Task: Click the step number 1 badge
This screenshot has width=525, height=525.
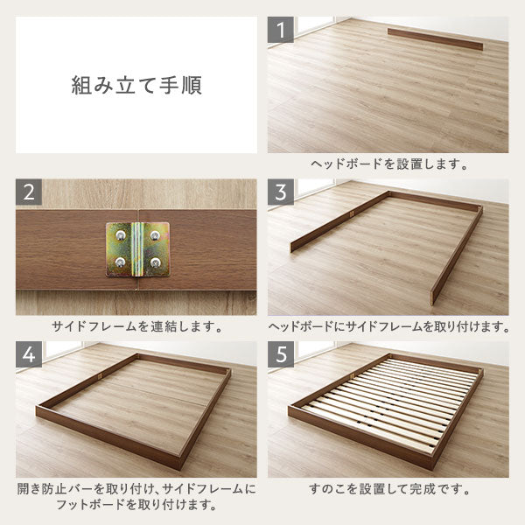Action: tap(281, 30)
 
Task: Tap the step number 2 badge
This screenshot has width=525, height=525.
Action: tap(29, 192)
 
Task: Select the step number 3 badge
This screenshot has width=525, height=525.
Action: tap(281, 192)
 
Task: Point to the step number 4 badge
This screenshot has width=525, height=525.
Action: tap(29, 354)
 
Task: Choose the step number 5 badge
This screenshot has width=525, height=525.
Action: tap(281, 354)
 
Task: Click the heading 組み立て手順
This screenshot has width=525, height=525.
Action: tap(136, 86)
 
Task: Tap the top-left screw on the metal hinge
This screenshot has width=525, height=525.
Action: tap(120, 235)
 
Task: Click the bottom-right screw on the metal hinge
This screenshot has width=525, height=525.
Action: tap(155, 262)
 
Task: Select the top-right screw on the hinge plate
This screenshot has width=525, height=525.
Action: tap(154, 235)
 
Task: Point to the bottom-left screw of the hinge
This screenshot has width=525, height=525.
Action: tap(120, 262)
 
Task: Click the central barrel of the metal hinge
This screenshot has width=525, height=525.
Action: tap(136, 249)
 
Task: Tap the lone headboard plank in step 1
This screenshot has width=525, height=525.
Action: tap(435, 38)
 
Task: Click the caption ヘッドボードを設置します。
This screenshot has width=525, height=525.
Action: tap(388, 164)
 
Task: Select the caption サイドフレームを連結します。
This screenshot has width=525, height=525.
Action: tap(136, 326)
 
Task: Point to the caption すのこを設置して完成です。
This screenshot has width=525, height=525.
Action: tap(388, 489)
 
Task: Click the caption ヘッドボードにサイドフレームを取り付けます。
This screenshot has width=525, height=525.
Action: tap(388, 326)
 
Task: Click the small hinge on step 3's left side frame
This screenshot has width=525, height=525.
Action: tap(351, 214)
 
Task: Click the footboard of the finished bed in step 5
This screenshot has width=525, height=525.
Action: tap(360, 437)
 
